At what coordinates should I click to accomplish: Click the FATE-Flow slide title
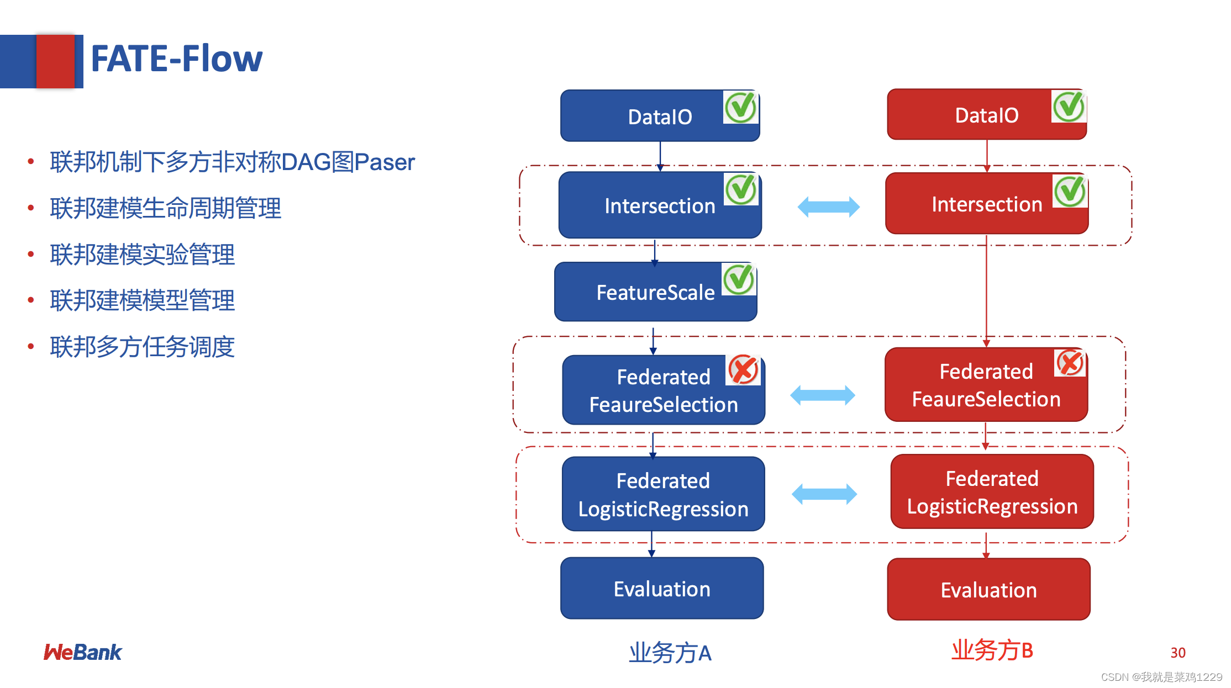coord(176,59)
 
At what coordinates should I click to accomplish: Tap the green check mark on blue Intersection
coord(741,189)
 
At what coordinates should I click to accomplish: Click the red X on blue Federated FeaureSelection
coord(743,369)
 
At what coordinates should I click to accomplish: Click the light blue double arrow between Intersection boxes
coord(828,207)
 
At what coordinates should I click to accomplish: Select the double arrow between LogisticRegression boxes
coord(824,494)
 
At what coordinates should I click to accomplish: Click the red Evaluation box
coord(988,590)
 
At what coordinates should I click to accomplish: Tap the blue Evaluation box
coord(662,589)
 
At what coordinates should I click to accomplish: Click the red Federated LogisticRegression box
coord(992,492)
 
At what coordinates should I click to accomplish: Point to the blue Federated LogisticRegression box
coord(663,494)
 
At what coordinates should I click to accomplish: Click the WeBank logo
coord(83,653)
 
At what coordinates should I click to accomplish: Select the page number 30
coord(1177,653)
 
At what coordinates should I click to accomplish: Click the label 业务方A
coord(670,653)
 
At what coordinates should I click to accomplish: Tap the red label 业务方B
coord(992,650)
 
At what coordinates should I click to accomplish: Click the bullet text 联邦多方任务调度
coord(142,347)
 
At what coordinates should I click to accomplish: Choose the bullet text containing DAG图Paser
coord(232,162)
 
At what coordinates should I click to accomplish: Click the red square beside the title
coord(55,61)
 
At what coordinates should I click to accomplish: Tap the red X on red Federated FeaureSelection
coord(1070,363)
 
